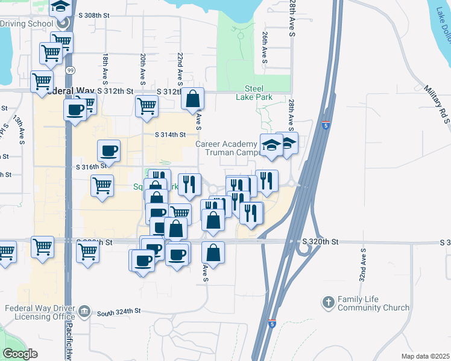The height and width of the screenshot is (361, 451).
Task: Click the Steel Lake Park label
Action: click(258, 93)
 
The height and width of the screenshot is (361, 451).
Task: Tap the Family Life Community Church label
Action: click(373, 303)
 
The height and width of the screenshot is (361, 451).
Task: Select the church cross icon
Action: click(328, 303)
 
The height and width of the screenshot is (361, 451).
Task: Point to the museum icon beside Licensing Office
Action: click(84, 312)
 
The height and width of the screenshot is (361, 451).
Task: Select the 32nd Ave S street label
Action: click(362, 264)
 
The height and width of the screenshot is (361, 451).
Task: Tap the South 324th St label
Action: click(119, 311)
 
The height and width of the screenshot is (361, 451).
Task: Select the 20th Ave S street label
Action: click(143, 69)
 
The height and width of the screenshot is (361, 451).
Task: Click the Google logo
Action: click(20, 354)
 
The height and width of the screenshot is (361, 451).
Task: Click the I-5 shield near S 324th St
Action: click(273, 323)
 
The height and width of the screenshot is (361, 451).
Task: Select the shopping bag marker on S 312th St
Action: click(192, 99)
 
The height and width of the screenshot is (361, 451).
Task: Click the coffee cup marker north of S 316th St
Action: click(109, 150)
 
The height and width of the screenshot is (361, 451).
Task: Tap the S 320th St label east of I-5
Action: click(320, 242)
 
